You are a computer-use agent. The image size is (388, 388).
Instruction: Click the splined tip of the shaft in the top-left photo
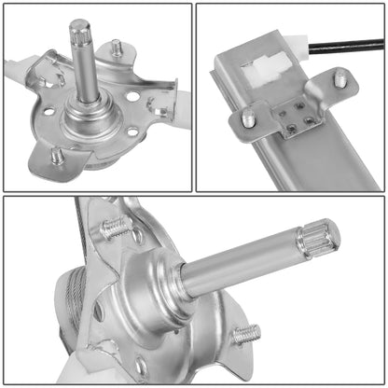pyautogui.click(x=77, y=32)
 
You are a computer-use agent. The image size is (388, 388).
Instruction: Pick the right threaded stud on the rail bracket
pyautogui.click(x=341, y=80)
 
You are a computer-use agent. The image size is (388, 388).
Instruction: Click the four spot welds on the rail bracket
pyautogui.click(x=296, y=116)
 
